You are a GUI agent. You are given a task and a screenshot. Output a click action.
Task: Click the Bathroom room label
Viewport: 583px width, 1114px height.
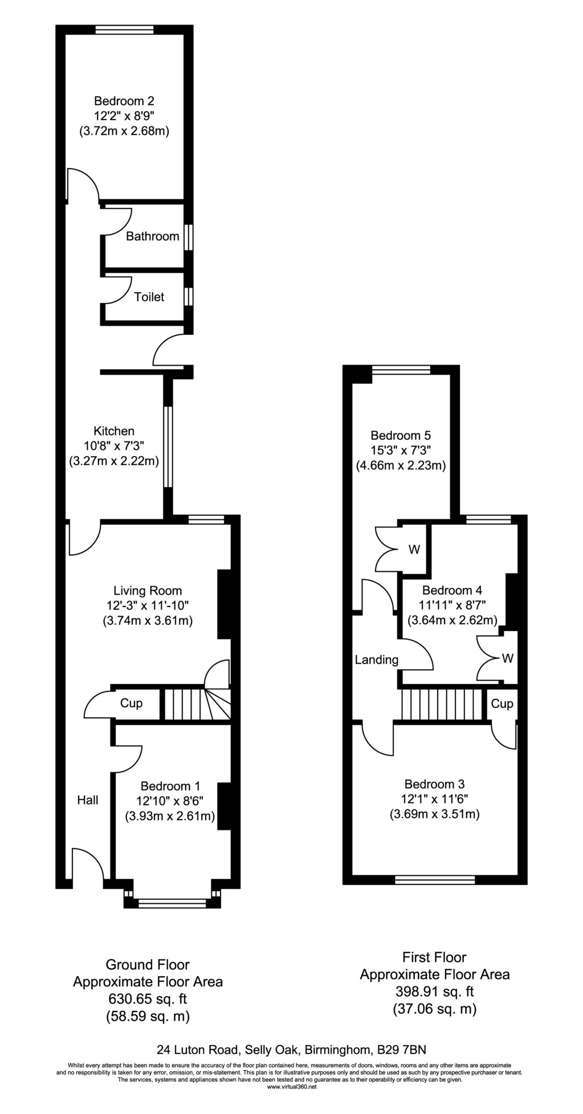(152, 236)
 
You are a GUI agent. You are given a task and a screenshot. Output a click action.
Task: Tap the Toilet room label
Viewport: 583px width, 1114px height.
(149, 297)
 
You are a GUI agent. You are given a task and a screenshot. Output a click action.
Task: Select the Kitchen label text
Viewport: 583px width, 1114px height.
(114, 431)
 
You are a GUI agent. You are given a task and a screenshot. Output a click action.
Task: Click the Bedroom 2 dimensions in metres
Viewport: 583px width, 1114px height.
(124, 131)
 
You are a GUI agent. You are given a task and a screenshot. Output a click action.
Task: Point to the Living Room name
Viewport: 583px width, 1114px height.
(148, 591)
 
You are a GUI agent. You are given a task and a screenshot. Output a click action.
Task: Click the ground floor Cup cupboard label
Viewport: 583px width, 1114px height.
(131, 703)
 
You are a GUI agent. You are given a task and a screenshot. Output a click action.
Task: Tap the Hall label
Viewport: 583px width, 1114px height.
(88, 800)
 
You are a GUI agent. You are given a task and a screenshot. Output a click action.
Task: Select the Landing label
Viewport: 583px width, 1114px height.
(376, 660)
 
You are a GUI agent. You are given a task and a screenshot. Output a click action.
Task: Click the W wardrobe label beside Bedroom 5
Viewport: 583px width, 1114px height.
(414, 550)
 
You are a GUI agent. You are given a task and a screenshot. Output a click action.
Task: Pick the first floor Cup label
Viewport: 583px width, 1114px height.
(502, 704)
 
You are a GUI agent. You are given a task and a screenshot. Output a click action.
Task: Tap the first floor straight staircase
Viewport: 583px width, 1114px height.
(441, 705)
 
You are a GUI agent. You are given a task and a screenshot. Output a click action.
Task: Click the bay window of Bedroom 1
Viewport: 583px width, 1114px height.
(172, 903)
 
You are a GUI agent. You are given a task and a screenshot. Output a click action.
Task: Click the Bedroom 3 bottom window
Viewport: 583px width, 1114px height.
(435, 880)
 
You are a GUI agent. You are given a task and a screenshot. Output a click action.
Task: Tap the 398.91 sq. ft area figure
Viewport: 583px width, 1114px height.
(435, 992)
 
